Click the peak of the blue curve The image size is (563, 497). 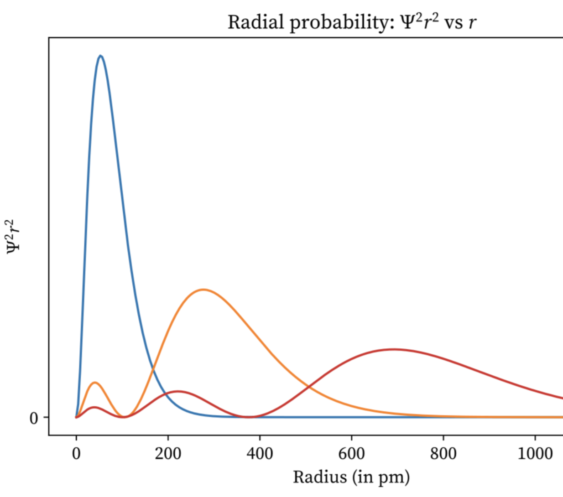point(100,56)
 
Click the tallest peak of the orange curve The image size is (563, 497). point(203,290)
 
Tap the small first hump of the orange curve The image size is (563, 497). point(95,383)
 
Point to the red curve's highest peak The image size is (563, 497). point(393,349)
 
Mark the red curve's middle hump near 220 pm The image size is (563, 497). point(178,391)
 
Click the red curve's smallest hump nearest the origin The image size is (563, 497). point(94,407)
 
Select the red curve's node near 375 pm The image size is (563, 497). point(249,417)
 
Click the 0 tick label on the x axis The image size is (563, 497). point(76,454)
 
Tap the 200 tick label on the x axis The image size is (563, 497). point(168,454)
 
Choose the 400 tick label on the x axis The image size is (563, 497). point(260,454)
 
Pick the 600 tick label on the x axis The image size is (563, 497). point(352,454)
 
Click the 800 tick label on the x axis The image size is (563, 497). point(443,454)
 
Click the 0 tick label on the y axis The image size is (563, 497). point(34,418)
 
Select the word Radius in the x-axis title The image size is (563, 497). point(319,477)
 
